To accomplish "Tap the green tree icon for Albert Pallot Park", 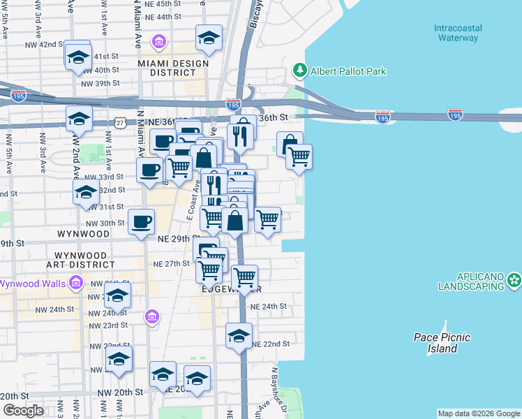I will pyautogui.click(x=299, y=71).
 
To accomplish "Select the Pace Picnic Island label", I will pyautogui.click(x=442, y=343).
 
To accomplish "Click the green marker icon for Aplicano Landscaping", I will pyautogui.click(x=514, y=280).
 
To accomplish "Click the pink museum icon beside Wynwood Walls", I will pyautogui.click(x=76, y=284).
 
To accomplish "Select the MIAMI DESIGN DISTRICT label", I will pyautogui.click(x=173, y=68).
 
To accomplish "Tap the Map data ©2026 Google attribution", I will pyautogui.click(x=479, y=413).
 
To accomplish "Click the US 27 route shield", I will pyautogui.click(x=121, y=122).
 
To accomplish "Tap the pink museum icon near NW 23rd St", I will pyautogui.click(x=151, y=317).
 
